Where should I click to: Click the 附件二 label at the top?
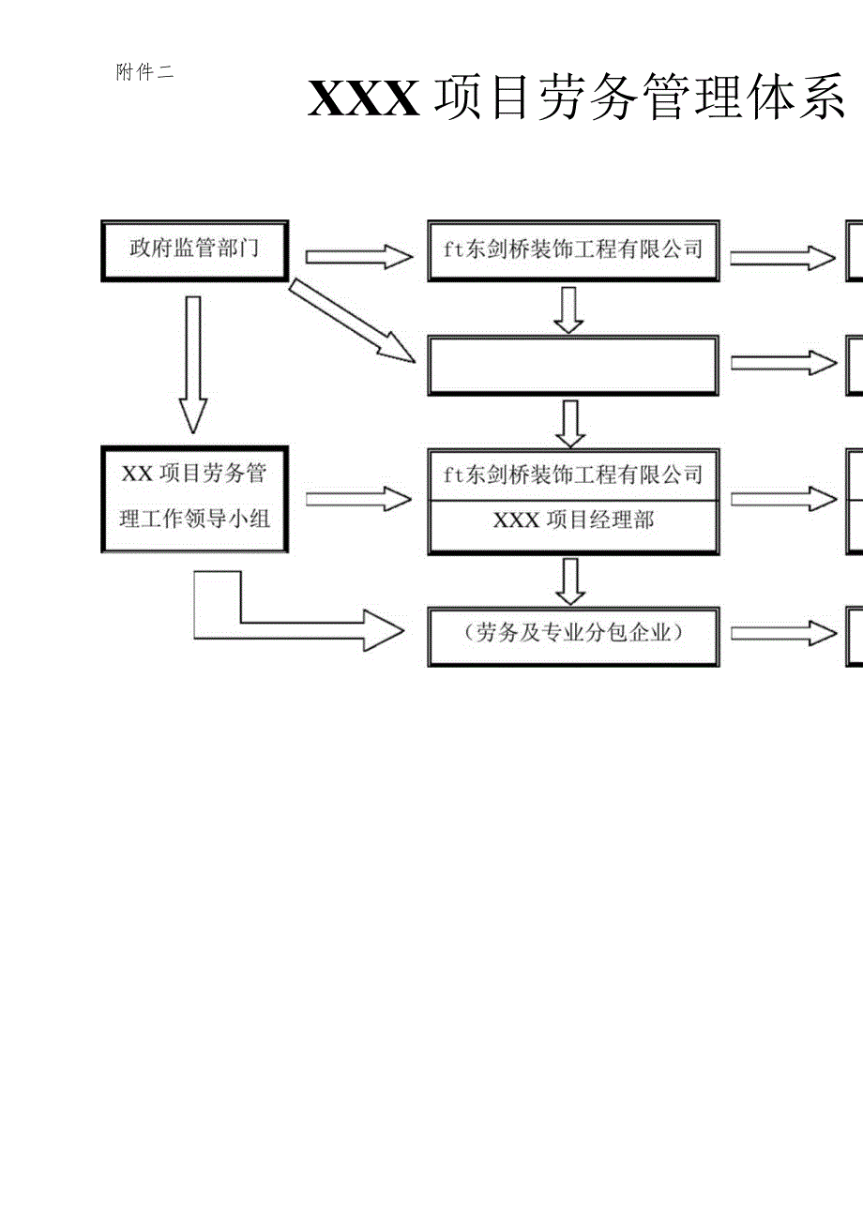point(144,73)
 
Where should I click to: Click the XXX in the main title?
point(364,99)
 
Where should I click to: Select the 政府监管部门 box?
point(194,250)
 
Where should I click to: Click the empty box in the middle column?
point(573,365)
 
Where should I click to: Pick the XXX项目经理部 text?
point(573,520)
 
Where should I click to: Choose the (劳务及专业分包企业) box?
point(573,635)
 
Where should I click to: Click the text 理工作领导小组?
point(194,519)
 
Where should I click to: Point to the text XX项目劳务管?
point(194,474)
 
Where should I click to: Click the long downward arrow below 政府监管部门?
point(193,364)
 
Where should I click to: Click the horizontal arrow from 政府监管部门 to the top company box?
point(358,257)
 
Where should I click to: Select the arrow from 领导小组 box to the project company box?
point(358,499)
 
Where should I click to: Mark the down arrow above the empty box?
point(568,309)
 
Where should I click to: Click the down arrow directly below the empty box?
point(569,424)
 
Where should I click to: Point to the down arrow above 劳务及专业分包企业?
point(569,581)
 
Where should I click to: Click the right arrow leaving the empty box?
point(783,363)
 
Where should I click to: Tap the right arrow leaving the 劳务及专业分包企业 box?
point(783,634)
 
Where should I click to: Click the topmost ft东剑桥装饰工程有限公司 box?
point(573,250)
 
